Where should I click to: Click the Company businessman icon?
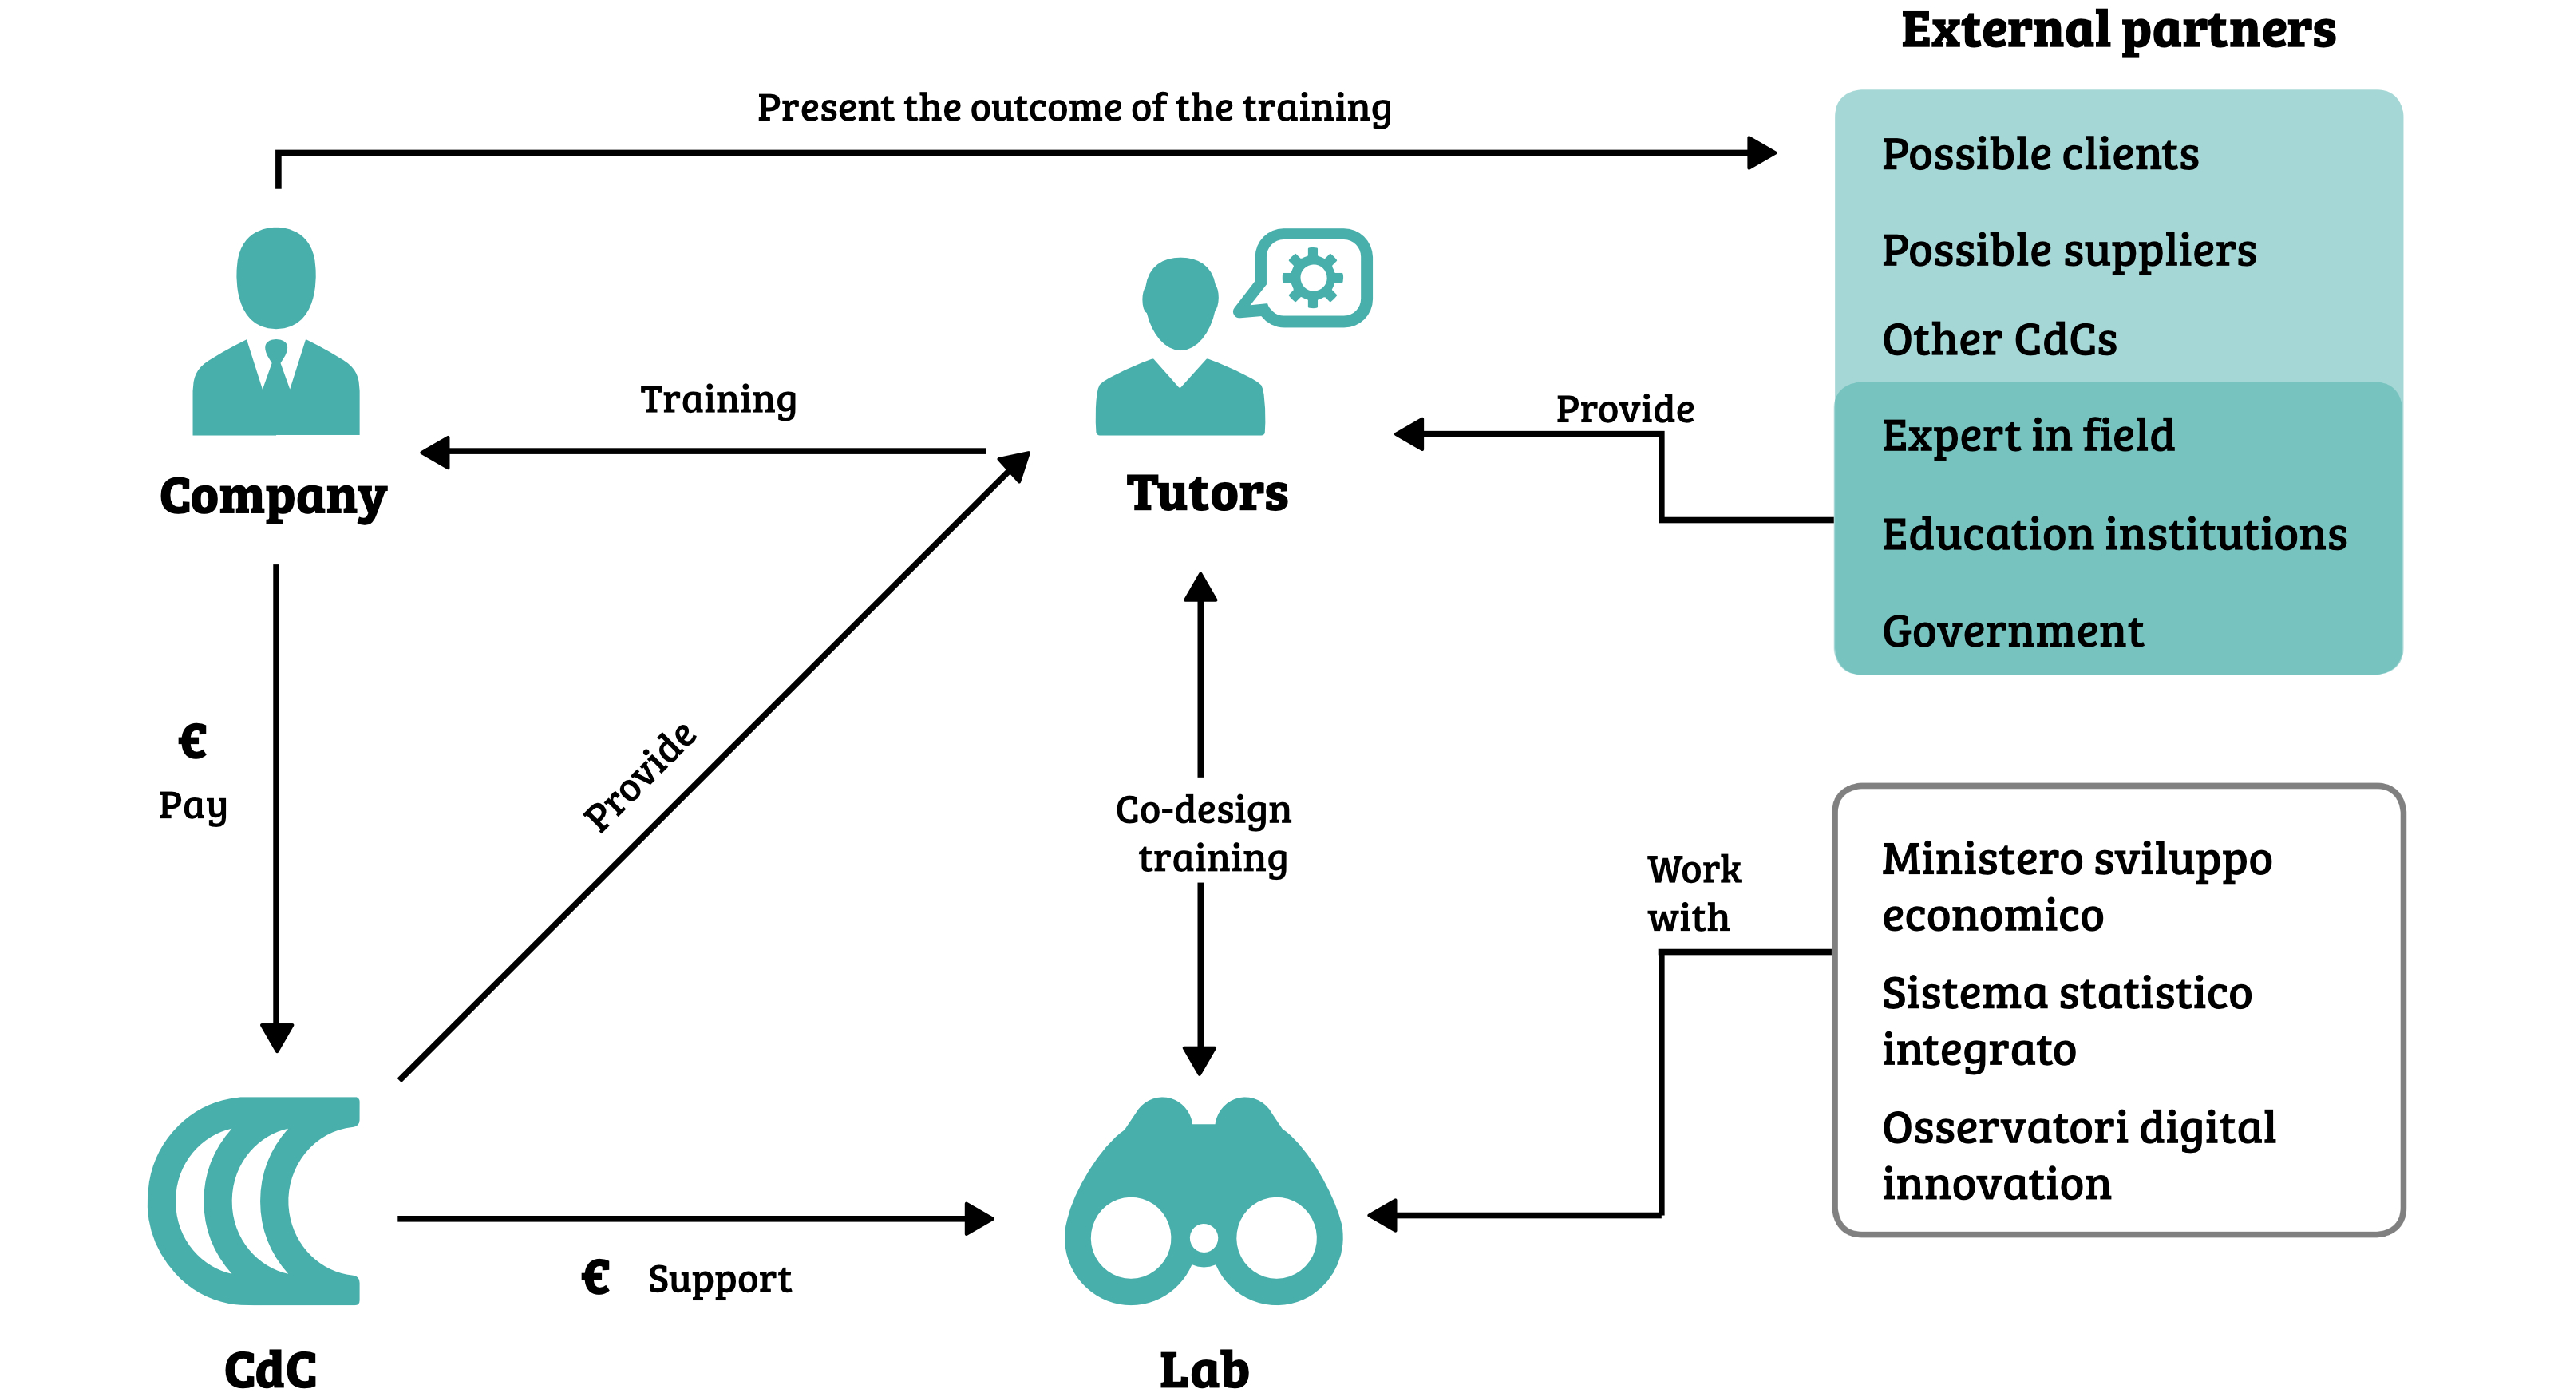point(275,332)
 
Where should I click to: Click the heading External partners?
point(2117,30)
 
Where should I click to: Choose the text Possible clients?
point(2039,155)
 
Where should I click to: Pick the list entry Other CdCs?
point(1999,340)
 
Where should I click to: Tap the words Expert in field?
point(2027,435)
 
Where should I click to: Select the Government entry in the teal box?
point(2011,631)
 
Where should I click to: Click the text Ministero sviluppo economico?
point(2076,886)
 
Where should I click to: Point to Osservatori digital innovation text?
point(2078,1155)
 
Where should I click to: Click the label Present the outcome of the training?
point(1073,107)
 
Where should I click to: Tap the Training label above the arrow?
point(718,400)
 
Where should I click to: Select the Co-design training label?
point(1204,834)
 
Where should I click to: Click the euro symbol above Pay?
point(192,742)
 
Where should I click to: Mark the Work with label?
point(1692,893)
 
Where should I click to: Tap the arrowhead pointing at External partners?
point(1761,152)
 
